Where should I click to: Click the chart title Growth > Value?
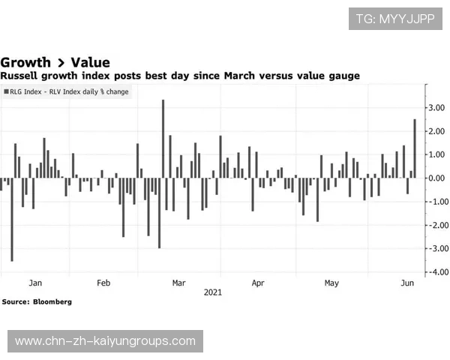55,63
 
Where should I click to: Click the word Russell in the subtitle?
20,76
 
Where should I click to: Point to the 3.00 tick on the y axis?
438,108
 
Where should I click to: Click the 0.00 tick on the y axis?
438,178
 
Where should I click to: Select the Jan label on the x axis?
34,283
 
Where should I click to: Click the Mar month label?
178,283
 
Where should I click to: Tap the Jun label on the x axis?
408,283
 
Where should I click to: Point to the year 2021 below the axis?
213,292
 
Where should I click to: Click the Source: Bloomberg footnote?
37,301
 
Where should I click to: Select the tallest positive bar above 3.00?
163,139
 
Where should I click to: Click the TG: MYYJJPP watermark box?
395,17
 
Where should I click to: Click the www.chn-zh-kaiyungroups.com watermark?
105,341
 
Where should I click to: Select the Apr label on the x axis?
258,283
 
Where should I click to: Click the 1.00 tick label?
438,154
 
